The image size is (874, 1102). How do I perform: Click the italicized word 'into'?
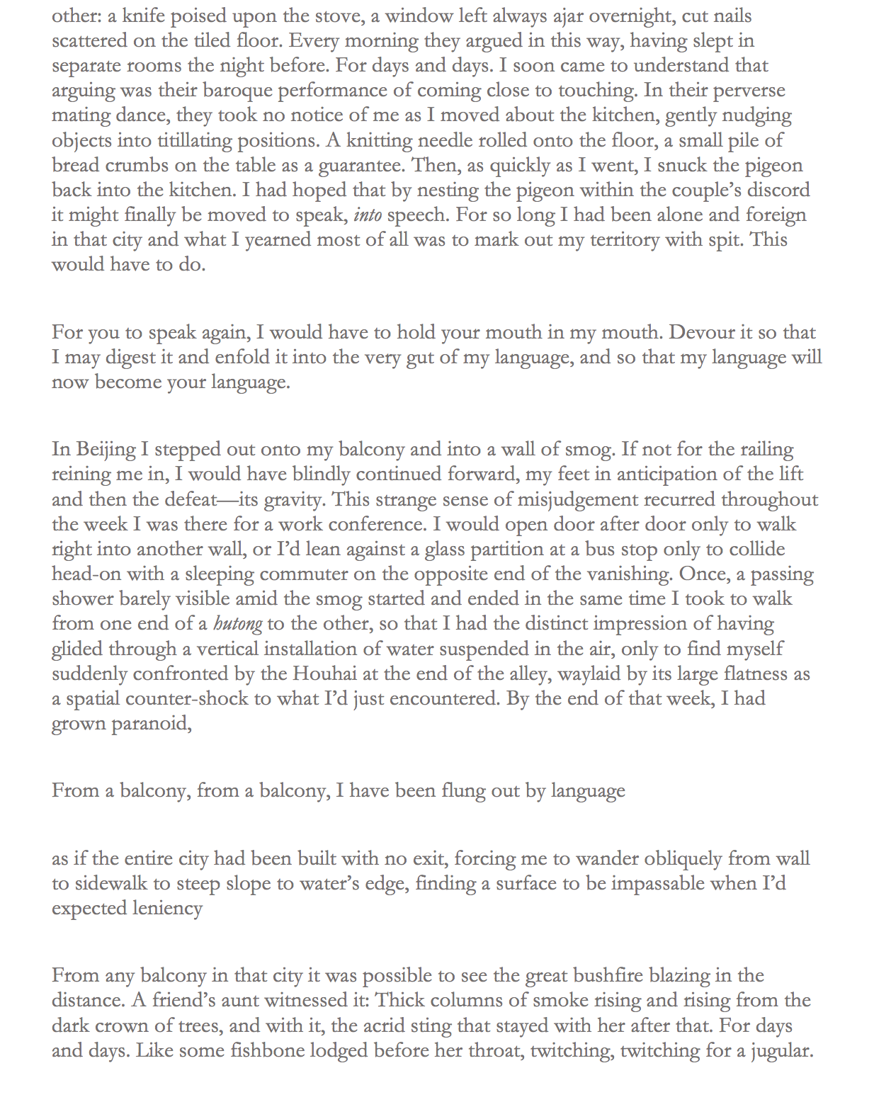(368, 215)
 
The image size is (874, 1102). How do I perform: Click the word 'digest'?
(139, 357)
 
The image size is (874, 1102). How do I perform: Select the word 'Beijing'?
(106, 450)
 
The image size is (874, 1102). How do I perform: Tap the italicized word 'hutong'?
(237, 624)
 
